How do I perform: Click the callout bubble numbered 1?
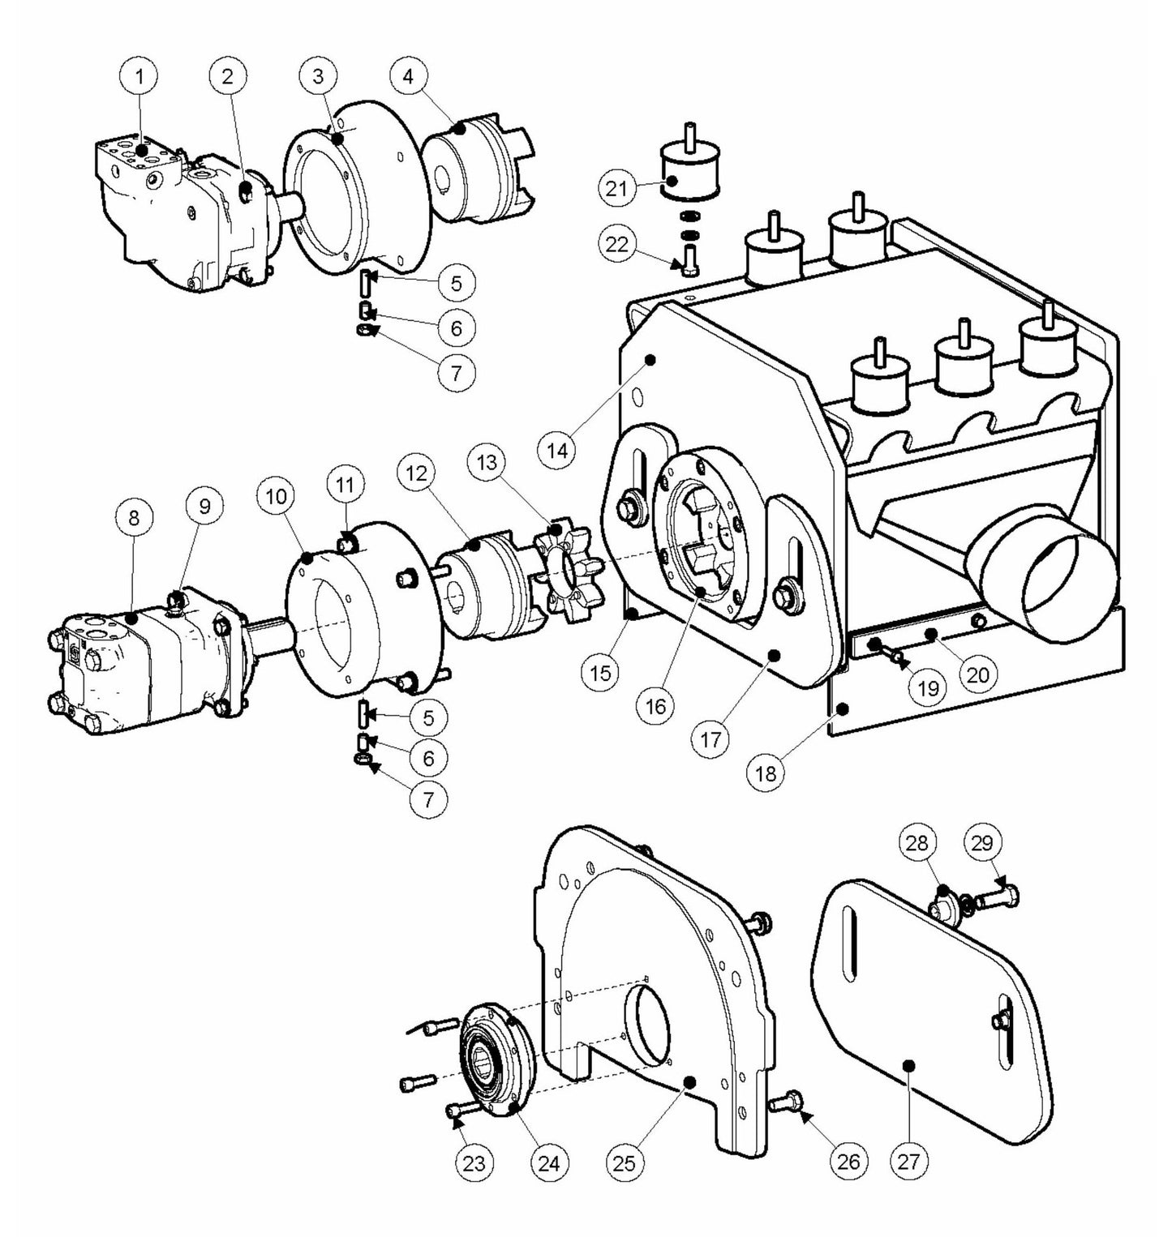pyautogui.click(x=141, y=77)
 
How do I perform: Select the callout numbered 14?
pyautogui.click(x=557, y=449)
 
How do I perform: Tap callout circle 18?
pyautogui.click(x=766, y=773)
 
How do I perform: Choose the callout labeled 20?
pyautogui.click(x=978, y=674)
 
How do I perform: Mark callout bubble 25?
pyautogui.click(x=625, y=1162)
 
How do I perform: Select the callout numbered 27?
pyautogui.click(x=908, y=1162)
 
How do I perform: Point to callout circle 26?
pyautogui.click(x=848, y=1162)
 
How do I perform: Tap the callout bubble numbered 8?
pyautogui.click(x=134, y=517)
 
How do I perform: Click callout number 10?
pyautogui.click(x=277, y=496)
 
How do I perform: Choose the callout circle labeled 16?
pyautogui.click(x=655, y=706)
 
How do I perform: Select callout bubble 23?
pyautogui.click(x=474, y=1162)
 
